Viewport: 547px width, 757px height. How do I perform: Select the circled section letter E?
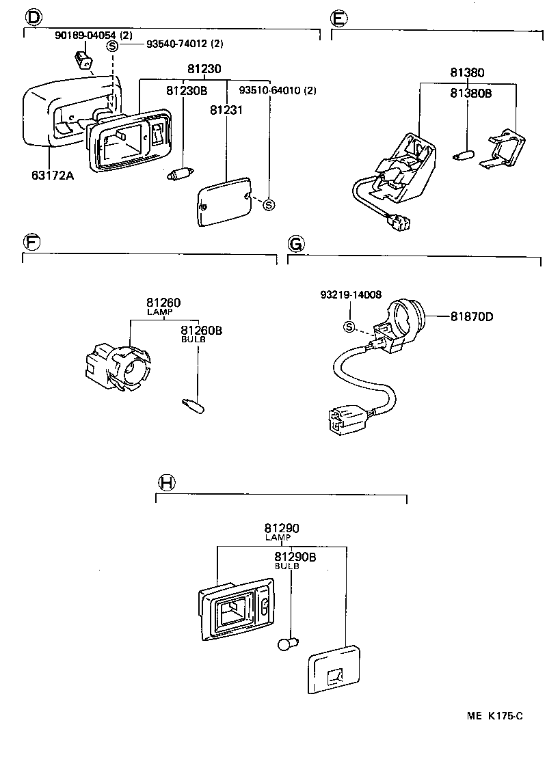click(338, 16)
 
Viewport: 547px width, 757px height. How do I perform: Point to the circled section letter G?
click(295, 243)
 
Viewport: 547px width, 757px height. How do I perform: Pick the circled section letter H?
click(166, 483)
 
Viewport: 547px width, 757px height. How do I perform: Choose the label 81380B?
click(471, 94)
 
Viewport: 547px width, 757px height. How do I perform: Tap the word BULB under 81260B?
click(193, 340)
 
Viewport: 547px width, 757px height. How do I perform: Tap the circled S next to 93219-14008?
click(349, 327)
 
